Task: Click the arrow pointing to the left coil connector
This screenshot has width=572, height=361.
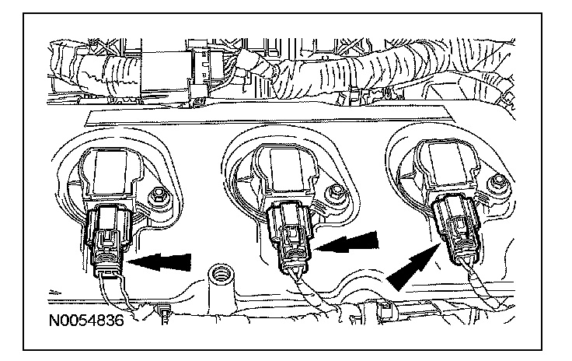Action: tap(159, 262)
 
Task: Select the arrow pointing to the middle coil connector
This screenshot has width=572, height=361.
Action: tap(347, 242)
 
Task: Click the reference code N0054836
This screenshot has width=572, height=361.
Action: tap(86, 321)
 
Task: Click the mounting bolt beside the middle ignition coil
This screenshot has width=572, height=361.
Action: tap(335, 193)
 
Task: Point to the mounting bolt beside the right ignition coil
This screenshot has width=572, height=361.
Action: tap(497, 184)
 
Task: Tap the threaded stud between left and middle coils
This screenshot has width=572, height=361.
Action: tap(220, 278)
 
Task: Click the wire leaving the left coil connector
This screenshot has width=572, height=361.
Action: tap(116, 297)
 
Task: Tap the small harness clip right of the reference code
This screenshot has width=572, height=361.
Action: tap(163, 314)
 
